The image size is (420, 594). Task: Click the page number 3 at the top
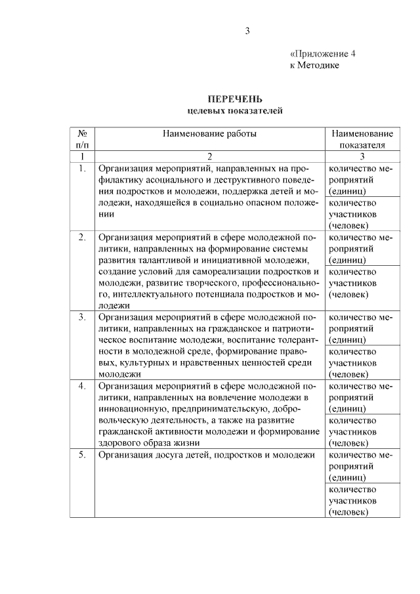point(247,31)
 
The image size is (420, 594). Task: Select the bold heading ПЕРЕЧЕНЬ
point(235,100)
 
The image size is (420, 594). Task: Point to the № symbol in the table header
point(83,133)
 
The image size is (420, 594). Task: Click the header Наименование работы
point(210,133)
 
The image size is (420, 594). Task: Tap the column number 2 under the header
point(210,156)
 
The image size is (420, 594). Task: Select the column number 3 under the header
point(362,156)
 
